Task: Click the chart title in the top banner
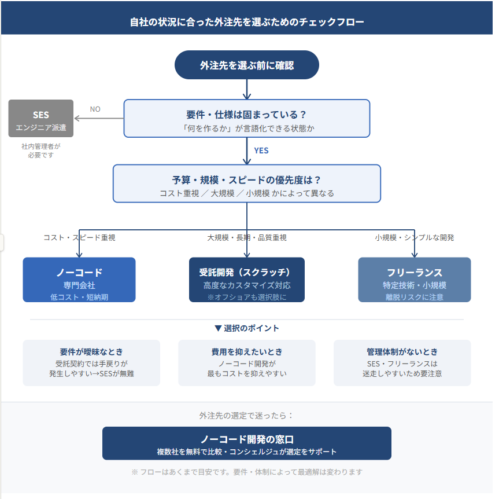coord(247,23)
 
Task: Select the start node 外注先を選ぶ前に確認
coord(247,65)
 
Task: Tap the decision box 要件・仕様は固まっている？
coord(247,119)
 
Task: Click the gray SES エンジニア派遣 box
coord(41,119)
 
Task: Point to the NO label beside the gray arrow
coord(95,109)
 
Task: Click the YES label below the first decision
coord(261,151)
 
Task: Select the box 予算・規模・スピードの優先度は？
coord(247,184)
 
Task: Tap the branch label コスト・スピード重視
coord(79,237)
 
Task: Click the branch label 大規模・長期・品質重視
coord(247,237)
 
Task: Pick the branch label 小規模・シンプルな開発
coord(415,237)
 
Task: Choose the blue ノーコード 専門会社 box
coord(79,280)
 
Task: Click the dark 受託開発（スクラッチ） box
coord(247,280)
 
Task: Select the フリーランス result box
coord(415,280)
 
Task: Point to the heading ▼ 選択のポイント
coord(247,328)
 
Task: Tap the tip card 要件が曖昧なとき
coord(91,362)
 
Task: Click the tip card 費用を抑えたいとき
coord(247,362)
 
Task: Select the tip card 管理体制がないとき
coord(402,362)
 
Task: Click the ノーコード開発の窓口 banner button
coord(247,443)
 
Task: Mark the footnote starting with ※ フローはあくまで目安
coord(247,472)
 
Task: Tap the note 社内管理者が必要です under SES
coord(41,151)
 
